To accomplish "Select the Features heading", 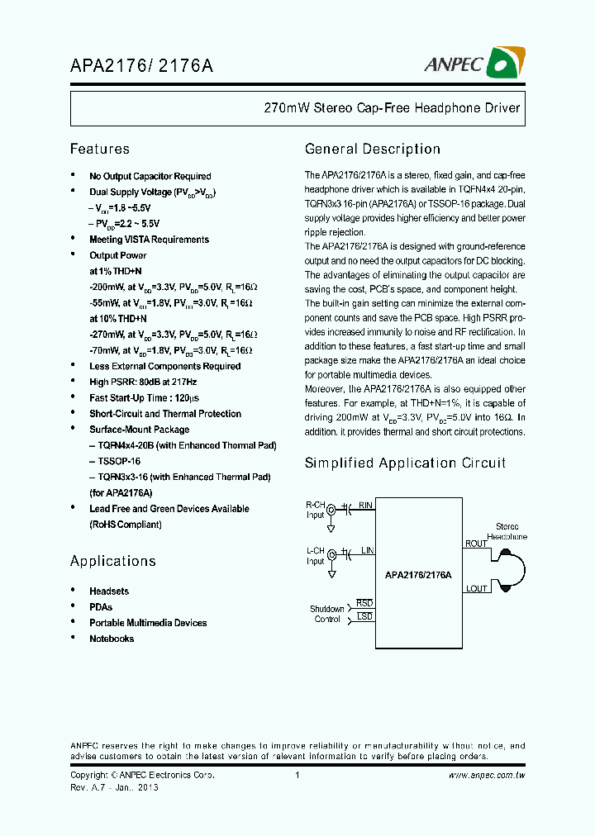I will (x=100, y=150).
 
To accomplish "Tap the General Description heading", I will (x=373, y=150).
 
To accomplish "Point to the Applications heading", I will (x=112, y=562).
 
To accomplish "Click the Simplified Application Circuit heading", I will (x=405, y=463).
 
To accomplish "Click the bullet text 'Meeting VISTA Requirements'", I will (x=149, y=240).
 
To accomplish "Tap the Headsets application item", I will (x=109, y=591).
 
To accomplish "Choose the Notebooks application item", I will (x=112, y=639).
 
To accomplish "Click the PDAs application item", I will (x=101, y=607).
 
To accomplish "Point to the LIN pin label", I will (x=367, y=549).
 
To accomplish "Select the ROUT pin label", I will (x=477, y=544).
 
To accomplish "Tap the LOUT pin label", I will (x=477, y=588).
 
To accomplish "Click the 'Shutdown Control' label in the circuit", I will (x=327, y=614).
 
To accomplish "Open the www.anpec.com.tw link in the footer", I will (x=488, y=776).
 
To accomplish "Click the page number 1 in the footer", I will (x=297, y=776).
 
